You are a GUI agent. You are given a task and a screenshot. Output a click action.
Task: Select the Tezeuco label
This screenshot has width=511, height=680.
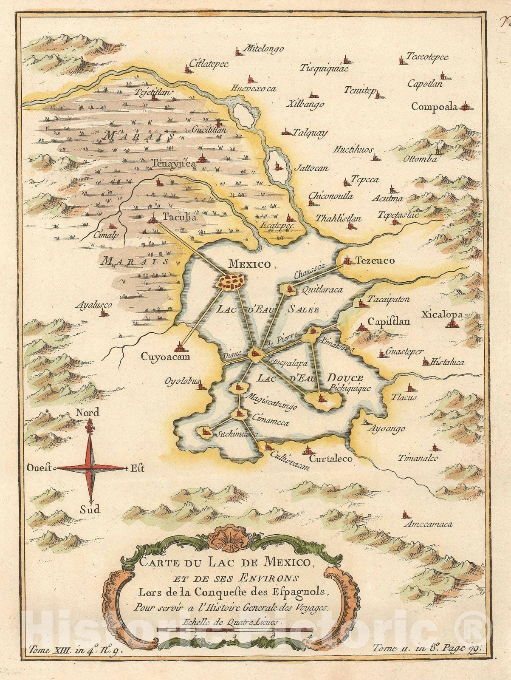pyautogui.click(x=375, y=261)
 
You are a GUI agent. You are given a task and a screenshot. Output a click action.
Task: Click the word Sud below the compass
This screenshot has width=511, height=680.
pyautogui.click(x=89, y=509)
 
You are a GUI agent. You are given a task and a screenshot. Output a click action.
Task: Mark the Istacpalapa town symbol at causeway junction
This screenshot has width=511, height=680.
pyautogui.click(x=254, y=353)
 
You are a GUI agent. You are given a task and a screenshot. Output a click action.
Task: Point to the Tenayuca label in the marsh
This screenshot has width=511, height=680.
pyautogui.click(x=173, y=162)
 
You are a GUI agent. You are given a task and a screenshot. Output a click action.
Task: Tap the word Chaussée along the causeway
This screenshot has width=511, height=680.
pyautogui.click(x=309, y=271)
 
